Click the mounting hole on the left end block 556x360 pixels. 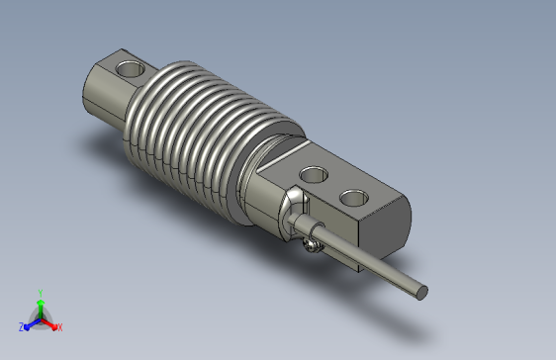coord(131,69)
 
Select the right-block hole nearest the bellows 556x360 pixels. coord(314,175)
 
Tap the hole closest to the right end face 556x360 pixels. coord(354,198)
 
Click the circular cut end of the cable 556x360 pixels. coord(421,293)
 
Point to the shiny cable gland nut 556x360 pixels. coord(294,214)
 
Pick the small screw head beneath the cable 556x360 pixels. coord(312,245)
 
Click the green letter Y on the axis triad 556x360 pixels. coord(41,293)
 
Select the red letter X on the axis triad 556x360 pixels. coord(60,327)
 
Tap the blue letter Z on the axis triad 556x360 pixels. coord(22,327)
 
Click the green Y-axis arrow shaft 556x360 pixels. coord(41,311)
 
